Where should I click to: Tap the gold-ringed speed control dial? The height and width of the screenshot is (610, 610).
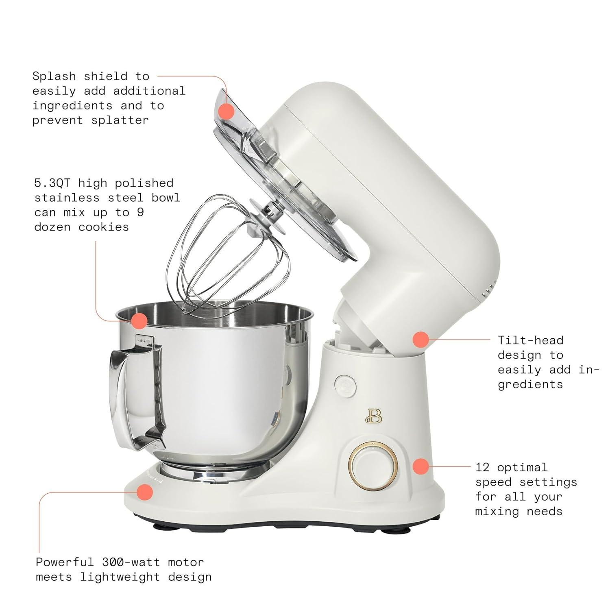[x=373, y=465]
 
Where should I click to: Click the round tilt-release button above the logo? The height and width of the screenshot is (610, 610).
[x=345, y=385]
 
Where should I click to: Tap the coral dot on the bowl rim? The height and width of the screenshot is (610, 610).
[x=139, y=321]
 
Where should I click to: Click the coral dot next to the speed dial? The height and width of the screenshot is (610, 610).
[x=421, y=466]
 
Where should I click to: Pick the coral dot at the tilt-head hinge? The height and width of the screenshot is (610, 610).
[x=421, y=339]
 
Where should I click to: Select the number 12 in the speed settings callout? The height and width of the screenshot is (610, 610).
[x=483, y=467]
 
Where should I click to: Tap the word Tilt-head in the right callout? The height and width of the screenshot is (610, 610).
[x=531, y=340]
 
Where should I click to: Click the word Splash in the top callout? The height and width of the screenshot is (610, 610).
[x=54, y=76]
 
